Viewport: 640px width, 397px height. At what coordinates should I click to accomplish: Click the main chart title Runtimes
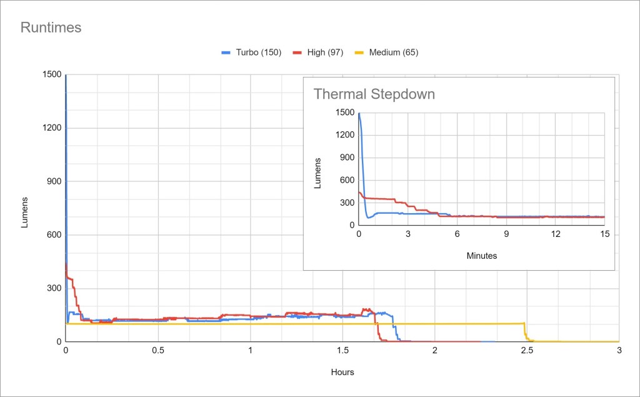point(51,28)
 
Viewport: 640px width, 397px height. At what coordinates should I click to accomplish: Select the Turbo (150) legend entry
point(254,53)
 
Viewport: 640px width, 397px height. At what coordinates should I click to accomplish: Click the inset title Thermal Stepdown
point(374,94)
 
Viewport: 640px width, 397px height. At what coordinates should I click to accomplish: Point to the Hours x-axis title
point(342,372)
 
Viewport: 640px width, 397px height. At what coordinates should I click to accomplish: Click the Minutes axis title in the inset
point(482,256)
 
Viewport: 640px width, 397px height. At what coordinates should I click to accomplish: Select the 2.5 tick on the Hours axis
point(526,351)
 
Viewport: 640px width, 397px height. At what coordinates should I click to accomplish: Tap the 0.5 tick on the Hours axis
point(158,351)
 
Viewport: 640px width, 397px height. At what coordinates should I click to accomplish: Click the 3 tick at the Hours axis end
point(619,351)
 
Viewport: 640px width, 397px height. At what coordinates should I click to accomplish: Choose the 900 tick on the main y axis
point(53,181)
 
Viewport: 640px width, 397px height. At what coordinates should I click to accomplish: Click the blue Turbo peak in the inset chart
point(359,114)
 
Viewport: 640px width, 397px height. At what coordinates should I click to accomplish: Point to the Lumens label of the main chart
point(25,213)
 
